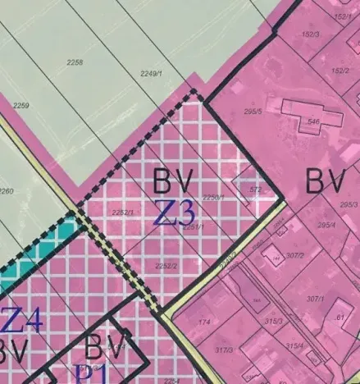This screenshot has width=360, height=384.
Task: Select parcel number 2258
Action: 75,63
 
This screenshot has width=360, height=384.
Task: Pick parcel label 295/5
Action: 253,112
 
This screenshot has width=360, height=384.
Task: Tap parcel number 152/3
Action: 310,34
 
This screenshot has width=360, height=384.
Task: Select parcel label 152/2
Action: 340,71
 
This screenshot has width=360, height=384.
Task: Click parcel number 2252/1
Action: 121,213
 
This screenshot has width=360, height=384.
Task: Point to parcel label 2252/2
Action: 166,266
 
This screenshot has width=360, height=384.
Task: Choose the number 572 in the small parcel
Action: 255,190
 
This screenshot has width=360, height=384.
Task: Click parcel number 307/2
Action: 296,255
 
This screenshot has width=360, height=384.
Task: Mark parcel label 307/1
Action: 316,299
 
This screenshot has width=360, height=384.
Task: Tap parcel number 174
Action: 204,322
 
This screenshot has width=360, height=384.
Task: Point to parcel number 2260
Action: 6,191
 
